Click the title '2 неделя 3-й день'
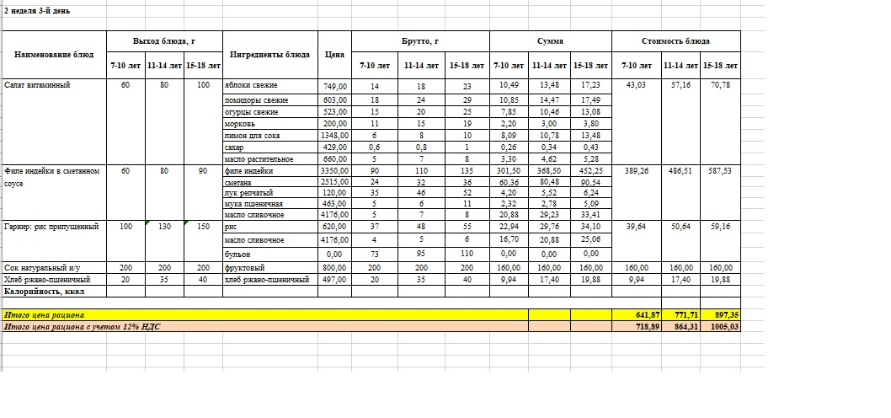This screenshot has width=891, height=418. tap(38, 11)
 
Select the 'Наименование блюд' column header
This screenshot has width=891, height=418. tap(54, 53)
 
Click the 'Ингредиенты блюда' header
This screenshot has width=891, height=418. tap(269, 53)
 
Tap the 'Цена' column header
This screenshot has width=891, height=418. tap(334, 53)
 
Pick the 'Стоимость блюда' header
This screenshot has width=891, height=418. tap(675, 40)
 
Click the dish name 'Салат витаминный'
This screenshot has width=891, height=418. tap(37, 85)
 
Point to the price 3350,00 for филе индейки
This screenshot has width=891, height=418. tap(334, 171)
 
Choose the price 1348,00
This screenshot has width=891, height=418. tap(334, 134)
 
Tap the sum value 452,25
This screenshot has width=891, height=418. tap(592, 171)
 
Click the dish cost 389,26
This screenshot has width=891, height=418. tap(637, 171)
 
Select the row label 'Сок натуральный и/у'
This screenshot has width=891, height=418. tap(38, 266)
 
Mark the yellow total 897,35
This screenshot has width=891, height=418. tap(720, 314)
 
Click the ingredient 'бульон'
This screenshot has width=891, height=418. tap(237, 253)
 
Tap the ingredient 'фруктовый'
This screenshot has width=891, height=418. tap(245, 266)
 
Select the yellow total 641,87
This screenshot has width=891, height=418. tap(638, 314)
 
